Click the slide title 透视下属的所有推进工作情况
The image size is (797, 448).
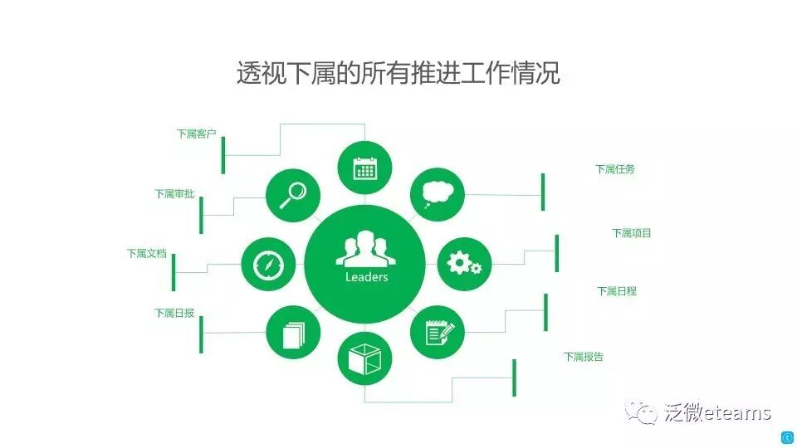pos(398,73)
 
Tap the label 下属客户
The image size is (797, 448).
pos(196,134)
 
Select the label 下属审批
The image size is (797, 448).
pos(174,194)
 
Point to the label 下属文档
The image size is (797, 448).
pos(147,254)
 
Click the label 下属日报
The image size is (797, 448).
pos(174,314)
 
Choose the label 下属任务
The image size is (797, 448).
pos(615,169)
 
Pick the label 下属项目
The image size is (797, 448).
pos(632,233)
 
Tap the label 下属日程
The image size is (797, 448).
pos(617,292)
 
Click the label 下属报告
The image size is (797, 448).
pos(584,358)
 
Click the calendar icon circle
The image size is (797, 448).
pos(364,168)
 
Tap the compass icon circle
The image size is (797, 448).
pos(268,265)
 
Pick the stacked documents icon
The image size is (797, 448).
pos(293,334)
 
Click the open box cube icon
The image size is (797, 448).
pos(364,360)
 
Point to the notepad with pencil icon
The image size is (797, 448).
pos(438,333)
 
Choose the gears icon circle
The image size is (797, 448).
pos(464,264)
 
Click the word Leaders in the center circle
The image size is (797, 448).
pos(366,277)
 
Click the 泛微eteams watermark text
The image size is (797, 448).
pos(717,412)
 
